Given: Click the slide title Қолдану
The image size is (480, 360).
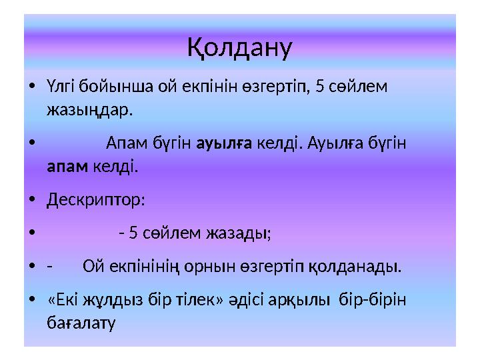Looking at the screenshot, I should click(239, 47).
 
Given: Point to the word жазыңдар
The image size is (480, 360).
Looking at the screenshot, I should click(89, 109).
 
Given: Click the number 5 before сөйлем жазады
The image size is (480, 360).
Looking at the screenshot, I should click(133, 233).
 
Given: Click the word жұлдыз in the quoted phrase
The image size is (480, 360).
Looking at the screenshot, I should click(106, 301).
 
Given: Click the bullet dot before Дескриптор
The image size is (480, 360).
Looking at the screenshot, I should click(33, 200).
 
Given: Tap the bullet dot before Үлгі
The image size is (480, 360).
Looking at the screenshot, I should click(33, 87).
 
